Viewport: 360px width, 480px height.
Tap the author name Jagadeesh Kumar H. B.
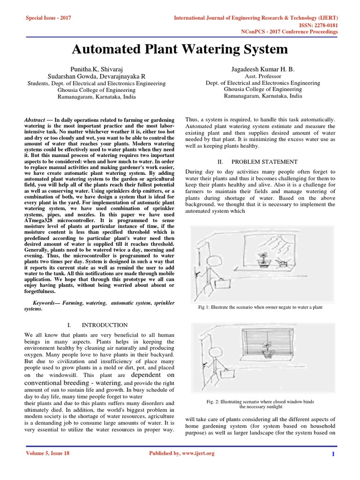pos(263,69)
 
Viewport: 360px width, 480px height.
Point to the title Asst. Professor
pos(263,76)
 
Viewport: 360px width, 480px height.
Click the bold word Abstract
pos(35,120)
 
